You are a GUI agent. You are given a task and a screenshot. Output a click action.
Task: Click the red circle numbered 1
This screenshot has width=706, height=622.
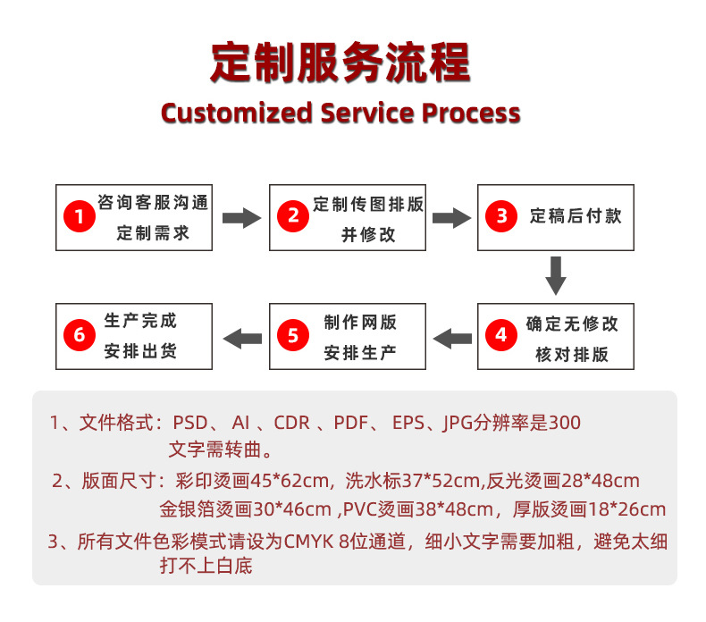[x=80, y=217]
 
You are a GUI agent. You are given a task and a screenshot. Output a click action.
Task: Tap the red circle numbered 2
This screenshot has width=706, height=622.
[x=293, y=217]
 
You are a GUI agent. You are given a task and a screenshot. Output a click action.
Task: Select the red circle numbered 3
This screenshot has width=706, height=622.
[x=501, y=216]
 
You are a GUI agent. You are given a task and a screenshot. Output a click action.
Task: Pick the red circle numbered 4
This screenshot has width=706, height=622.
[x=501, y=335]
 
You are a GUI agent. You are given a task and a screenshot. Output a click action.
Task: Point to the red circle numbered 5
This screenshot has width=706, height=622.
[x=293, y=336]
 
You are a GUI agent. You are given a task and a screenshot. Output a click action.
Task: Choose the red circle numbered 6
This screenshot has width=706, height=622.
[x=80, y=336]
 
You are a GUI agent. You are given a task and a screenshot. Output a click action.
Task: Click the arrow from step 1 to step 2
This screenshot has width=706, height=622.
[x=240, y=217]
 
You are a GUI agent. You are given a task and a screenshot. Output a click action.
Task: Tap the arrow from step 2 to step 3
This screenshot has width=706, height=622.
[x=451, y=217]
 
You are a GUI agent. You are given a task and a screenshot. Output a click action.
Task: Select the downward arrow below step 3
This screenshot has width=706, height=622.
[x=556, y=275]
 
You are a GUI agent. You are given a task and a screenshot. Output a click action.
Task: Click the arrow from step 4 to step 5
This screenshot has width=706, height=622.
[x=452, y=336]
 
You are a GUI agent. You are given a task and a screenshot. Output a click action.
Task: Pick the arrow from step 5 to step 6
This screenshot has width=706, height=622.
[x=241, y=336]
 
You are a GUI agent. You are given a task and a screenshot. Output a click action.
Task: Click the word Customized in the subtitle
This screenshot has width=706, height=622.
[x=236, y=113]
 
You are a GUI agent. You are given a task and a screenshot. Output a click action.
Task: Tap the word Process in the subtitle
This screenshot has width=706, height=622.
[x=470, y=113]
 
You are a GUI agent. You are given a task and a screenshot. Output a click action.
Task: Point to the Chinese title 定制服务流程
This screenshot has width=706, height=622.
[x=340, y=63]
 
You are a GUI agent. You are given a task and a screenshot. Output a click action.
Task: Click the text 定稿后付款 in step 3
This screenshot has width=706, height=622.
[x=575, y=215]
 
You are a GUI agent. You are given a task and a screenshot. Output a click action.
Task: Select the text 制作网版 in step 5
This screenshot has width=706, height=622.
[x=360, y=323]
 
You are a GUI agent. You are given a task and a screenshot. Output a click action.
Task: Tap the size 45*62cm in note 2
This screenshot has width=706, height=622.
[x=287, y=481]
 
